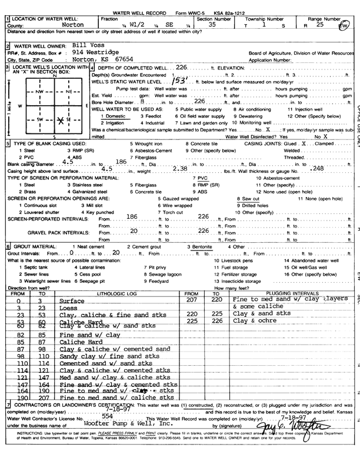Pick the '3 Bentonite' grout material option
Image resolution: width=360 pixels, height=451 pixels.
tap(209, 246)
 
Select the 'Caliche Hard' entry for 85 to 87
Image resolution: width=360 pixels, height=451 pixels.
tap(79, 342)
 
